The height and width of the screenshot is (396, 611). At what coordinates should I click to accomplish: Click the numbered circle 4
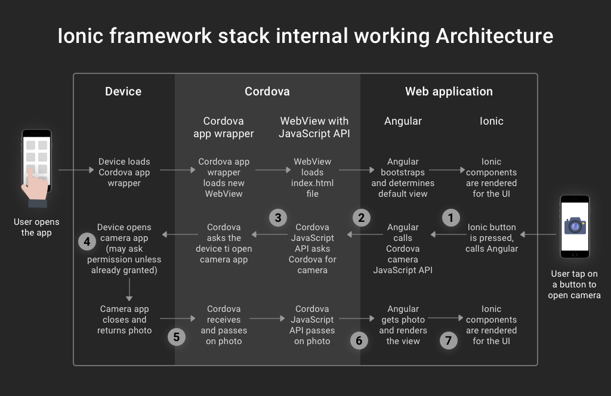(87, 242)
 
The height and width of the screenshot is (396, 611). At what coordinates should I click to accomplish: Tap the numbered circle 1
(451, 218)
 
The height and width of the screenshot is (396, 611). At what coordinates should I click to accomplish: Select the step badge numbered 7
(449, 341)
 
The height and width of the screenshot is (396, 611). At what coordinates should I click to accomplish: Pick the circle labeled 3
(278, 218)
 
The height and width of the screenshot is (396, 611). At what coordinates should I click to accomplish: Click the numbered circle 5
(177, 337)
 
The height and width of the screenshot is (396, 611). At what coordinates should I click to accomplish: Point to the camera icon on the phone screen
(575, 226)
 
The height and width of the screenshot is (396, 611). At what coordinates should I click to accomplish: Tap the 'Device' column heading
(123, 91)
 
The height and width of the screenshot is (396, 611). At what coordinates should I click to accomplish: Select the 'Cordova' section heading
(267, 91)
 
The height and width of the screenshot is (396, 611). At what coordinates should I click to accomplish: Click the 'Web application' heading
(449, 91)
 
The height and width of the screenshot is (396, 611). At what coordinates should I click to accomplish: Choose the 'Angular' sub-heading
(403, 122)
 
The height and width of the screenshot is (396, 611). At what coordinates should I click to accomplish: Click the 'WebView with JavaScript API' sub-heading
(314, 127)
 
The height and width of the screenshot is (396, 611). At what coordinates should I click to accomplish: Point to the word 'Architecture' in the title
(495, 36)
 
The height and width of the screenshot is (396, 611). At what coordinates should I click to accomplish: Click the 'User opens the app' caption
(36, 227)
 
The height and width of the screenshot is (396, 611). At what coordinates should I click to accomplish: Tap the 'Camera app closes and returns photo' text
(124, 320)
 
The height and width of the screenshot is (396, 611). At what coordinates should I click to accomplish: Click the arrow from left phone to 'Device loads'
(76, 170)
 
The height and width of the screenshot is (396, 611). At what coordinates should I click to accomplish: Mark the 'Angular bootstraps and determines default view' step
(403, 178)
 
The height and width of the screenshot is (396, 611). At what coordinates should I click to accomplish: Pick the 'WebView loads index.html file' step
(313, 178)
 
